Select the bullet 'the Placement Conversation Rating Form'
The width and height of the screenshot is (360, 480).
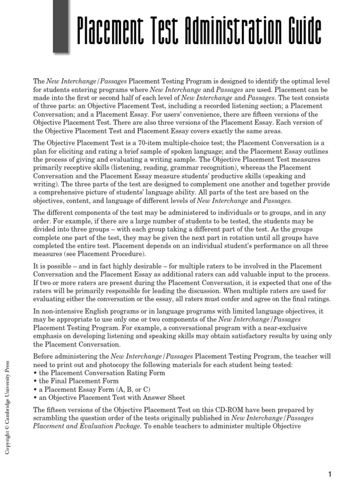(x=99, y=373)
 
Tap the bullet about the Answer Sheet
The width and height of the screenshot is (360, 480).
(x=109, y=397)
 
